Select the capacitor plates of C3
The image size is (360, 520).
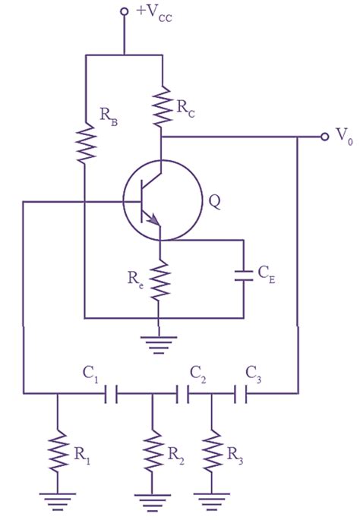click(x=242, y=393)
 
